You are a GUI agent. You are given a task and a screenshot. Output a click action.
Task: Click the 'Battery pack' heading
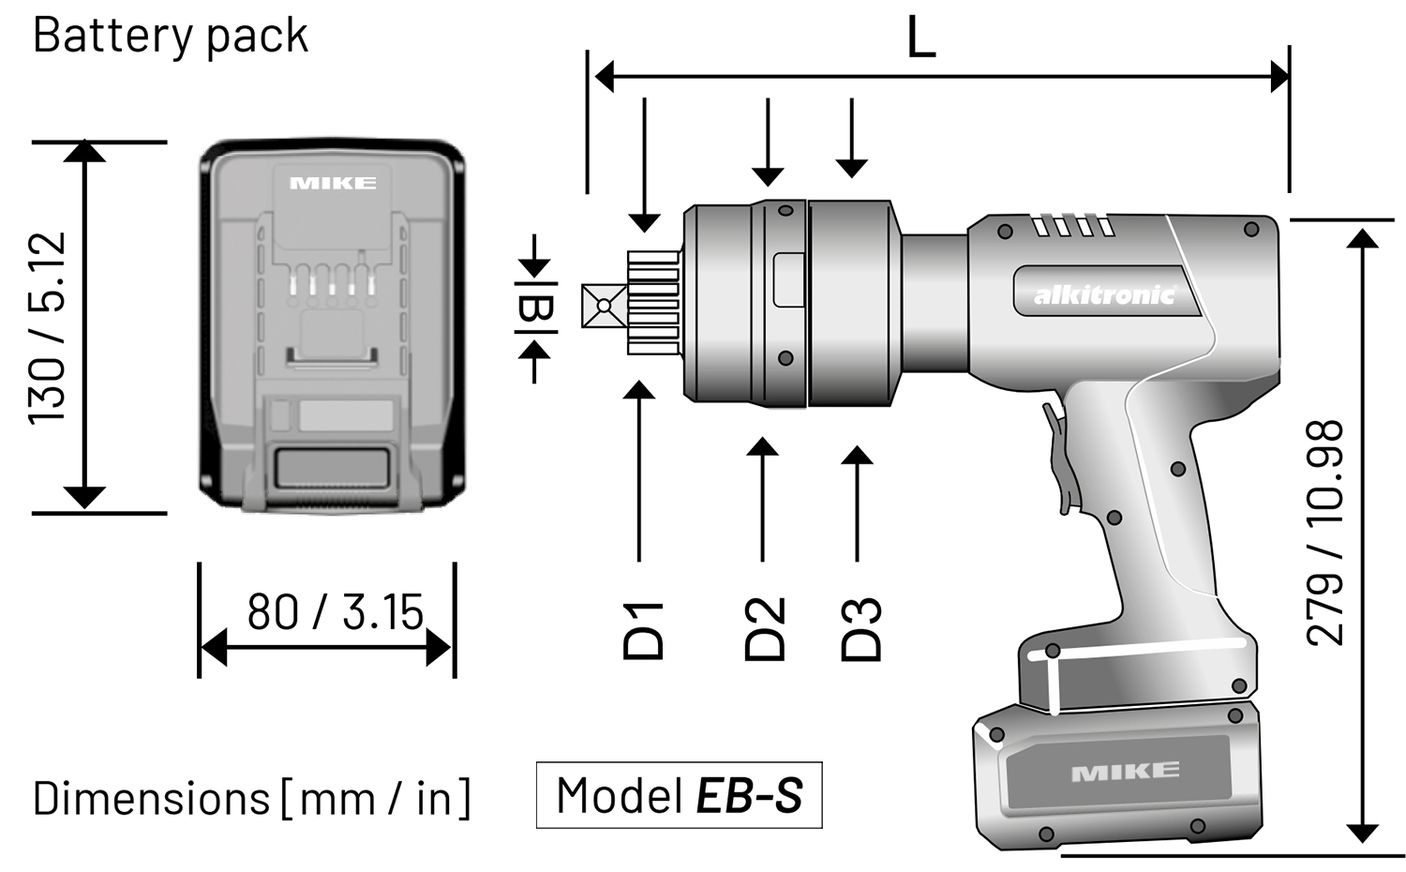point(170,36)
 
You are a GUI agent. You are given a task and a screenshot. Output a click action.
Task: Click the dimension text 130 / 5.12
point(47,327)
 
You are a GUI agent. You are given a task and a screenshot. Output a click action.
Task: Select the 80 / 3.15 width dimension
point(335,612)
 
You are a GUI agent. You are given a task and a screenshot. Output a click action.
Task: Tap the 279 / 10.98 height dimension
point(1324,532)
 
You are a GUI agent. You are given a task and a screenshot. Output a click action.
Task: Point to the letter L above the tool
point(921,40)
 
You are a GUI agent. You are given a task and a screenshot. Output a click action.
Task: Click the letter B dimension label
point(535,308)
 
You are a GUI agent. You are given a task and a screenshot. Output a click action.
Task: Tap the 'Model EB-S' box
point(679,795)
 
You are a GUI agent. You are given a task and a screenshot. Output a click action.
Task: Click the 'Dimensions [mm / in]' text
point(251,799)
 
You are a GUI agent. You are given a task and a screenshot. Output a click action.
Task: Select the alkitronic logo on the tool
point(1103,294)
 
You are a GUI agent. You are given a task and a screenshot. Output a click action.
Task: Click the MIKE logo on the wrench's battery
point(1125,772)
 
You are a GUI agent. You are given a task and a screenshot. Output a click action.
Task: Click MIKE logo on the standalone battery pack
point(333,183)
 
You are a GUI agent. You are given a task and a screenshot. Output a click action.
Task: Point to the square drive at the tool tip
point(603,306)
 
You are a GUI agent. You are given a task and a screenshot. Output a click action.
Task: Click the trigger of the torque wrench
point(1059,459)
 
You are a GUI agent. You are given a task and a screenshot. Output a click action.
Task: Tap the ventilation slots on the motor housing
point(1073,225)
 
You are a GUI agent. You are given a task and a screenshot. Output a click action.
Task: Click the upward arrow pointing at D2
point(763,448)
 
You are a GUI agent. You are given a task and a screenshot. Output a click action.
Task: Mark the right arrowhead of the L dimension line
point(1279,76)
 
